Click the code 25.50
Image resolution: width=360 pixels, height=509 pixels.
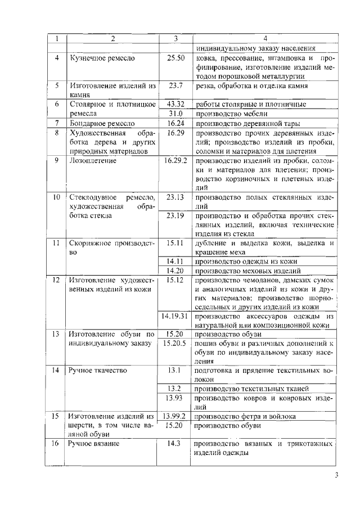coord(176,58)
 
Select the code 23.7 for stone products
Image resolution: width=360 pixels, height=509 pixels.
coord(176,86)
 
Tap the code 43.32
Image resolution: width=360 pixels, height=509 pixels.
coord(176,104)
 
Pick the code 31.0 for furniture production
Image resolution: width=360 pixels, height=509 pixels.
coord(176,113)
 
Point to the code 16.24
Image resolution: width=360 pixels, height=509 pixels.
coord(176,123)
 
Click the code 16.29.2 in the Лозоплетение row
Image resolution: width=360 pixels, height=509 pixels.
coord(176,160)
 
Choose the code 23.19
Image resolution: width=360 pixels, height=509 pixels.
coord(176,215)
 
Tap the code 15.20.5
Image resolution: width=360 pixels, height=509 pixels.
coord(176,343)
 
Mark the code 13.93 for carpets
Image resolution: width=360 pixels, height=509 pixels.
coord(176,398)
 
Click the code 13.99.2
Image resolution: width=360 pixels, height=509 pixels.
coord(176,416)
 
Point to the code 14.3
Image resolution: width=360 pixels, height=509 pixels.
coord(176,444)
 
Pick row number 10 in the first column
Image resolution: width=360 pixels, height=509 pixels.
coord(56,197)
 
